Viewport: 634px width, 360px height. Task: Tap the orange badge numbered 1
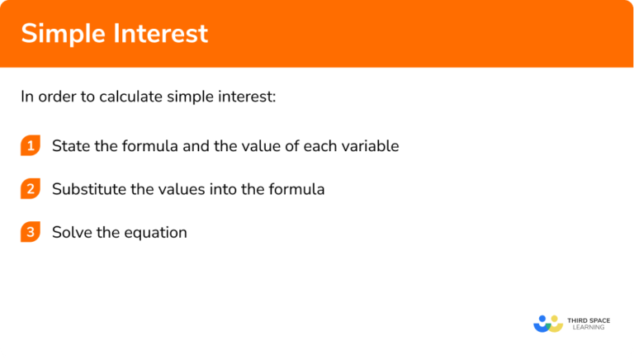31,146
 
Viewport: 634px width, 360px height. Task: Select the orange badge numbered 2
31,189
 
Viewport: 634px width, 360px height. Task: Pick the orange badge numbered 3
31,232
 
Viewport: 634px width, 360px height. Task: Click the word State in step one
69,146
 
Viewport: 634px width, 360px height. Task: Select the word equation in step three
156,233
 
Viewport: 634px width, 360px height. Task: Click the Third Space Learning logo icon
547,323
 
